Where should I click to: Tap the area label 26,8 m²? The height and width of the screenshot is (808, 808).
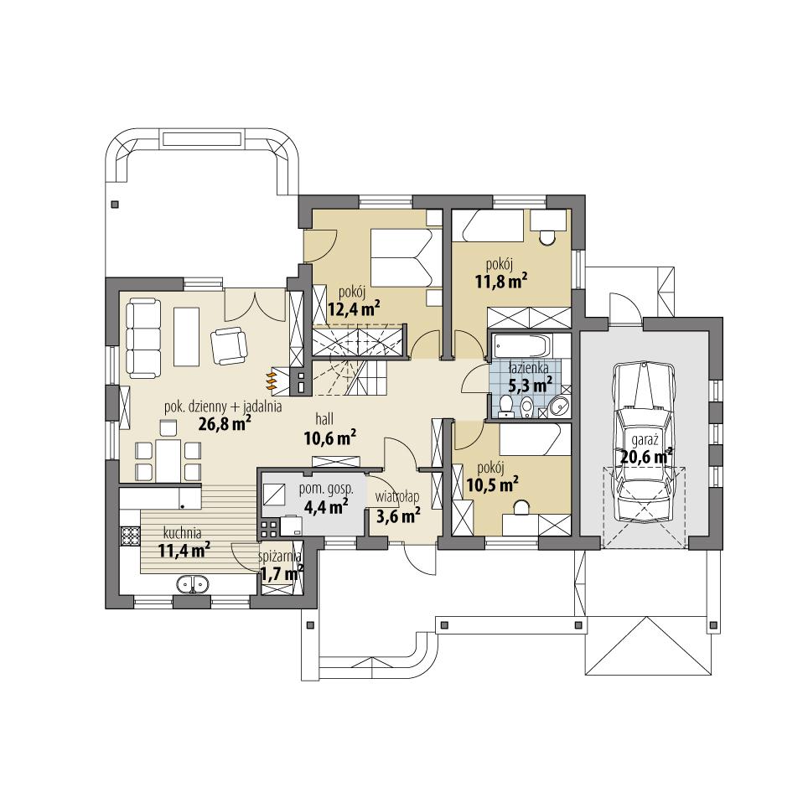225,424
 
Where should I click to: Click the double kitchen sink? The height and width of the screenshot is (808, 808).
192,584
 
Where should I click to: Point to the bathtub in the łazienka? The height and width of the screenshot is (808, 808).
521,345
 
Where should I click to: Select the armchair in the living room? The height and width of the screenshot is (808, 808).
228,345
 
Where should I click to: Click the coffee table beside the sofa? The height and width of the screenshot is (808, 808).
187,337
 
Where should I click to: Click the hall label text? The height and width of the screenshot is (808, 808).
328,417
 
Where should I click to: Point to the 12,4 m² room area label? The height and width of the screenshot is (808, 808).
354,309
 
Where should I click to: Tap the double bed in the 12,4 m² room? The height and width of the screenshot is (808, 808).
401,256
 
